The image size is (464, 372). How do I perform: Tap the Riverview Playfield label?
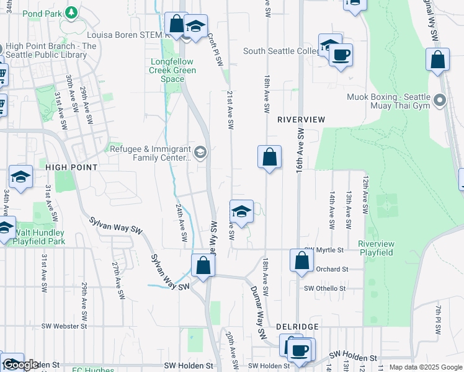[x=376, y=248]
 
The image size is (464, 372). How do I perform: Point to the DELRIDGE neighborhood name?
[x=298, y=326]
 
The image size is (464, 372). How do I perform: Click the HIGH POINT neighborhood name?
[x=71, y=167]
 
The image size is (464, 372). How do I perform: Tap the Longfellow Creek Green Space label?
[x=173, y=70]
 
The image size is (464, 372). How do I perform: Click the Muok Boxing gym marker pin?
[x=440, y=100]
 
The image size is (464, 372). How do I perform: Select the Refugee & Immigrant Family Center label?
[x=151, y=153]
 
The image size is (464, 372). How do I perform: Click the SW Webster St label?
[x=64, y=326]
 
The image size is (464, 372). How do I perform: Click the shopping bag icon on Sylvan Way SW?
[x=203, y=266]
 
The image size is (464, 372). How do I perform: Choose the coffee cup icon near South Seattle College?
[x=340, y=55]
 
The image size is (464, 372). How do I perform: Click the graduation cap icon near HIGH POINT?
[x=20, y=177]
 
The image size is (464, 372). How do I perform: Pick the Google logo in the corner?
[x=20, y=365]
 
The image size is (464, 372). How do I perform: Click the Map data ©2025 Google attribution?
[x=426, y=367]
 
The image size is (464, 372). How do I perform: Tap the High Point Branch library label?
[x=49, y=50]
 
